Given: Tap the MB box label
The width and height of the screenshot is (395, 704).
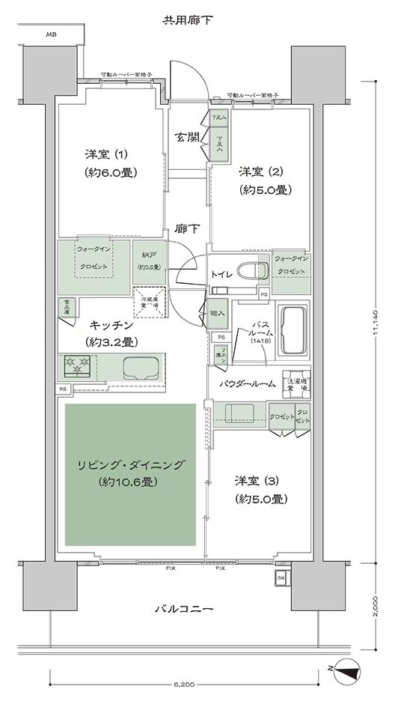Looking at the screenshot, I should pyautogui.click(x=50, y=34).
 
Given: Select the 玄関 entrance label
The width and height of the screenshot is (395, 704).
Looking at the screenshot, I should pyautogui.click(x=186, y=136).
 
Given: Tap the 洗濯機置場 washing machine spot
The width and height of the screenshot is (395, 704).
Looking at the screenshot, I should pyautogui.click(x=296, y=383).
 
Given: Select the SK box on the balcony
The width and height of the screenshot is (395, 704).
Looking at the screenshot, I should pyautogui.click(x=281, y=577).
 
